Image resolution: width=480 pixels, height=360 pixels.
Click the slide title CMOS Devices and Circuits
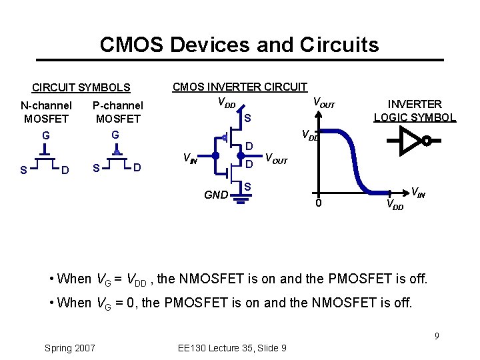(x=239, y=45)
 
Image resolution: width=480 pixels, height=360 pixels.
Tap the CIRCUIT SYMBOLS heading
(x=81, y=87)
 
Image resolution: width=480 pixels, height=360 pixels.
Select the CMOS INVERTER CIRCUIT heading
(x=240, y=87)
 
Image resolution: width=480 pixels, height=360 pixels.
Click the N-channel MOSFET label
(x=46, y=112)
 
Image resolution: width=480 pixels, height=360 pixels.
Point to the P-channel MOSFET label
(x=118, y=112)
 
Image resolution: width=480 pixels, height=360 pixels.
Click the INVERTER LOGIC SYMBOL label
(x=415, y=111)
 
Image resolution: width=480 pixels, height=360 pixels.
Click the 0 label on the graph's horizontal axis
(x=319, y=203)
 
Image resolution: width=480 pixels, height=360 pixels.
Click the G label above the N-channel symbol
(x=46, y=136)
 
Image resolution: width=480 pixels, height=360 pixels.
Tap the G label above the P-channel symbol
(x=115, y=135)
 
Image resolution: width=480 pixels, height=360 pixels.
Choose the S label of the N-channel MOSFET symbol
(x=24, y=170)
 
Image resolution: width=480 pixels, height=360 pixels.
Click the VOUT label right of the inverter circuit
(x=276, y=159)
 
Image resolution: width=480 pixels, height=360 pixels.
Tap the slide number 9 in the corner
(x=437, y=335)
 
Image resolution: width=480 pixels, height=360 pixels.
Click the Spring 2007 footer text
(x=69, y=347)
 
